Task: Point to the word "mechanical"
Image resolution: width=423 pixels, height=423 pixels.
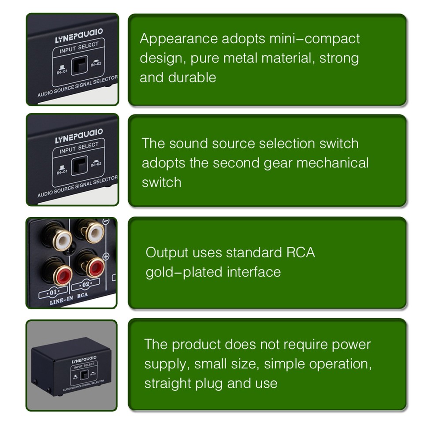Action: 332,163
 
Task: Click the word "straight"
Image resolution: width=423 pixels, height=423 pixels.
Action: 171,383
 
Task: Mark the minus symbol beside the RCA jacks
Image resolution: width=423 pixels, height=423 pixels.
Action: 106,222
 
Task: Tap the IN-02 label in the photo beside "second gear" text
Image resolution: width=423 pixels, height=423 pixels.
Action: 96,164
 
